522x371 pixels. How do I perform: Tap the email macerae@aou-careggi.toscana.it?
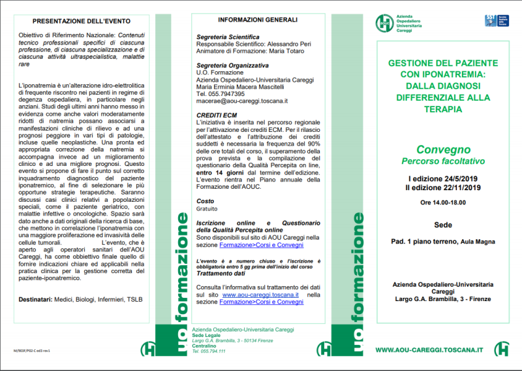pyautogui.click(x=242, y=101)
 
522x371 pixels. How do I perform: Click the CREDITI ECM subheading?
pyautogui.click(x=217, y=115)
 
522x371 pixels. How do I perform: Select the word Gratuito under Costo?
pyautogui.click(x=207, y=209)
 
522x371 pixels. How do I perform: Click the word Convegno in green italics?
pyautogui.click(x=438, y=149)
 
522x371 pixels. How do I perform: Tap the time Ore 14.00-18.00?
pyautogui.click(x=444, y=203)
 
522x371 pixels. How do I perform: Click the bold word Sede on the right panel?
pyautogui.click(x=443, y=225)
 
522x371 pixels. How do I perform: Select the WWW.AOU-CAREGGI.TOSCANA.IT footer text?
pyautogui.click(x=429, y=349)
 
